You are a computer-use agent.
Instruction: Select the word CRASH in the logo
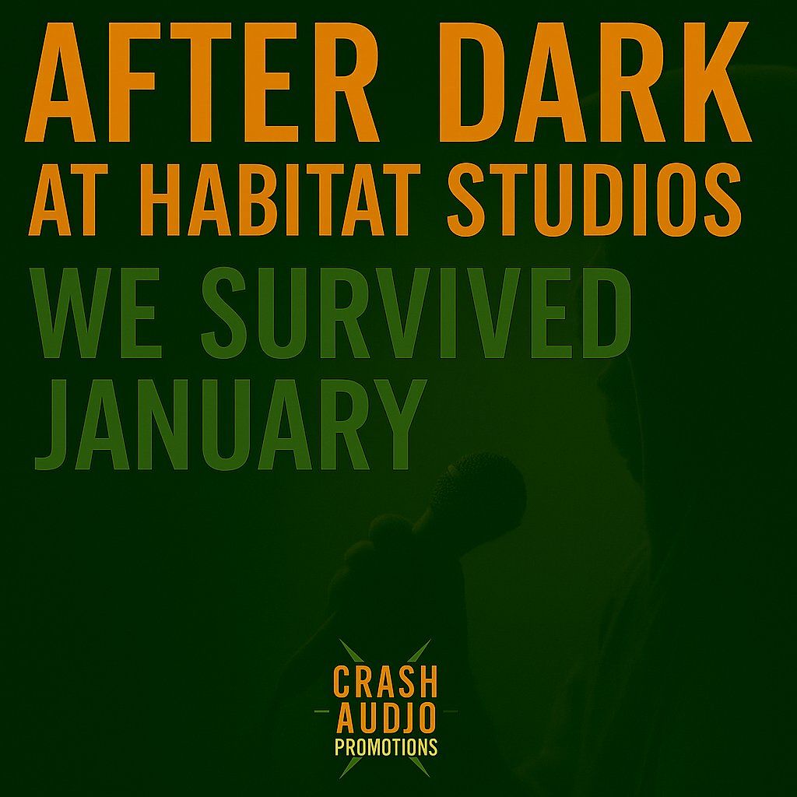[385, 682]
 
